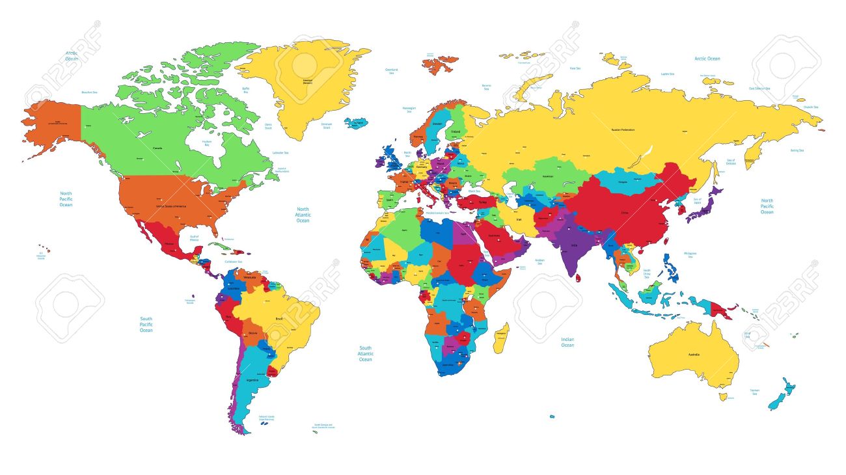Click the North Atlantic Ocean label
click(303, 215)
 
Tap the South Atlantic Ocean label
click(366, 353)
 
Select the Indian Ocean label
click(567, 342)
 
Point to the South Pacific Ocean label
click(146, 325)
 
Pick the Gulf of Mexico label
click(194, 238)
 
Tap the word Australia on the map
click(694, 354)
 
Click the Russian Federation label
click(622, 129)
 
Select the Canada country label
click(157, 148)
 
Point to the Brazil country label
click(280, 318)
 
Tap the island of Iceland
click(357, 122)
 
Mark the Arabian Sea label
click(539, 262)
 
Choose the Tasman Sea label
click(754, 392)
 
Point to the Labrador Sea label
click(280, 152)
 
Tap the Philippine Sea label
click(690, 254)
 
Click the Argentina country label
click(252, 379)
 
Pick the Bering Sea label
click(797, 150)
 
